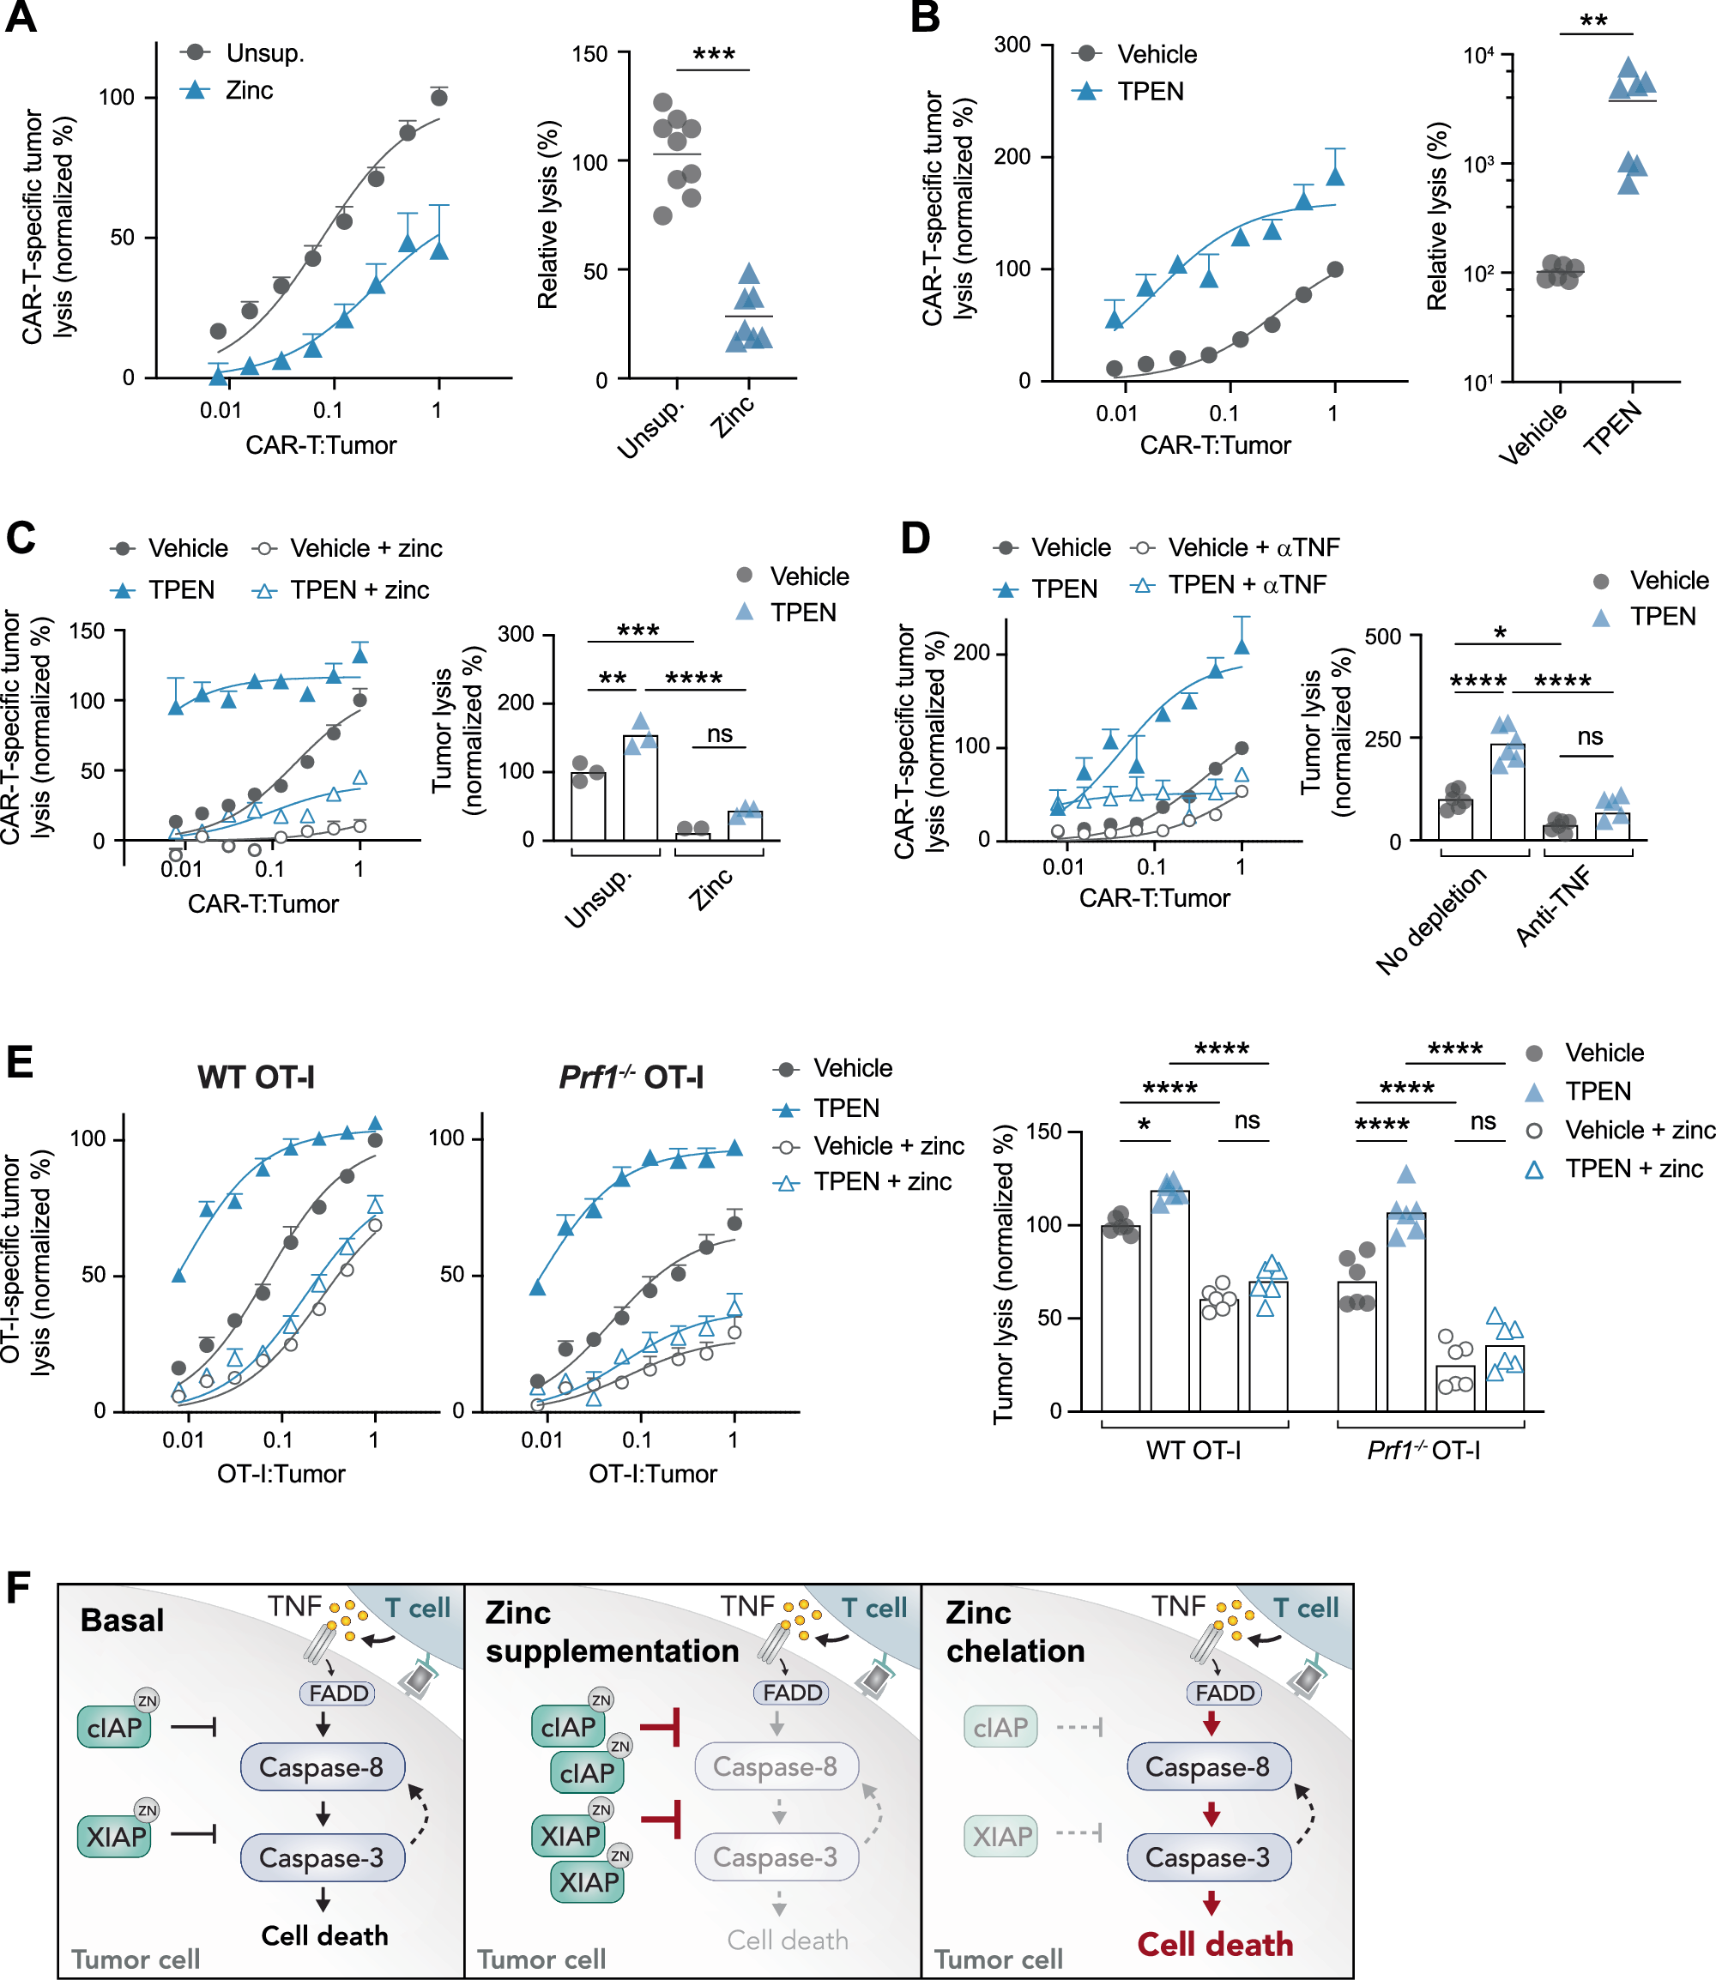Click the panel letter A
click(x=21, y=17)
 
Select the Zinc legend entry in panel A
click(x=248, y=90)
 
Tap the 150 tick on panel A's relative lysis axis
click(x=590, y=53)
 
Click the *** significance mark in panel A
click(x=713, y=55)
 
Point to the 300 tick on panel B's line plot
click(x=1012, y=44)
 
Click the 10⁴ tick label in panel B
click(x=1478, y=56)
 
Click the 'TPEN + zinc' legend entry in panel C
click(x=360, y=589)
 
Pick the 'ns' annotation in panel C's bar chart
click(x=719, y=733)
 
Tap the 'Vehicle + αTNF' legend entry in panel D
click(x=1253, y=546)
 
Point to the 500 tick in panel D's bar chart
click(x=1383, y=637)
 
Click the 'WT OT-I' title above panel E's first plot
click(x=256, y=1078)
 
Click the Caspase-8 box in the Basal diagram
click(x=321, y=1766)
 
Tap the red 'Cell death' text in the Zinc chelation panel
click(x=1214, y=1944)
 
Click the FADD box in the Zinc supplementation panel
click(x=792, y=1693)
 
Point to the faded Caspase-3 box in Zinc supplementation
click(x=775, y=1857)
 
